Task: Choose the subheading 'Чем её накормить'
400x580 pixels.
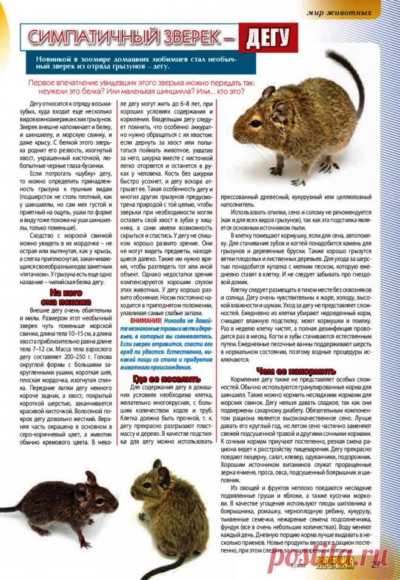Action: pos(296,370)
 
